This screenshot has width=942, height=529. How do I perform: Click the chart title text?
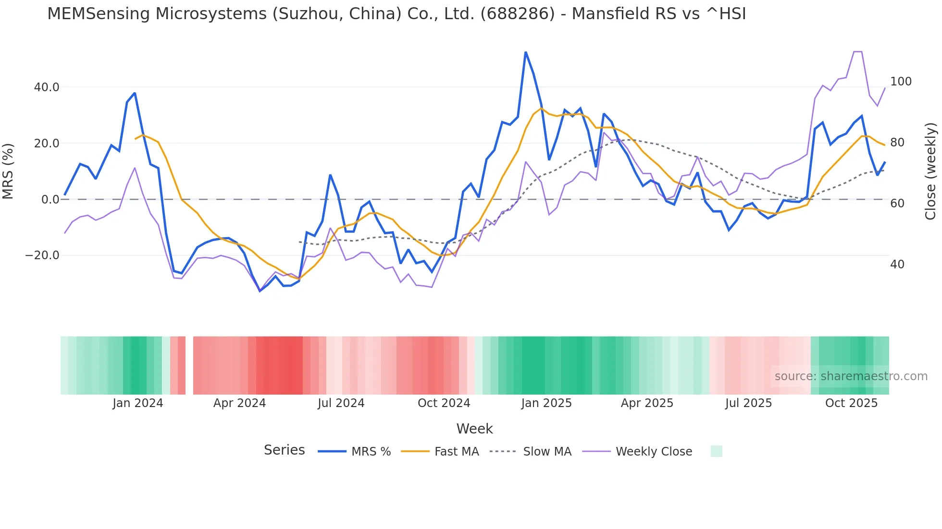[x=397, y=14]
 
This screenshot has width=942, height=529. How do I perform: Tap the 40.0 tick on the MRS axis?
[x=47, y=87]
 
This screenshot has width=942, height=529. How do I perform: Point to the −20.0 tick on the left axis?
[x=42, y=255]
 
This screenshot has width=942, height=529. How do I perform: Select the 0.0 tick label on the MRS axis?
[x=50, y=200]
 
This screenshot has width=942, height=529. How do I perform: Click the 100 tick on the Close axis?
[x=901, y=82]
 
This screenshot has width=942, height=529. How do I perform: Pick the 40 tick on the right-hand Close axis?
[x=897, y=264]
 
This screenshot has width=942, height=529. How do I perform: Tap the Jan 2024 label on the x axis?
[x=138, y=403]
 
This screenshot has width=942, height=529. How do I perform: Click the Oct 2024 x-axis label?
[x=444, y=403]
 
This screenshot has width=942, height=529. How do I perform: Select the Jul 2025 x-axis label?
[x=748, y=403]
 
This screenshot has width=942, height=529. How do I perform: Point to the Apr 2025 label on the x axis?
[x=647, y=403]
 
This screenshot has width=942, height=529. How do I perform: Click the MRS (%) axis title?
[x=8, y=171]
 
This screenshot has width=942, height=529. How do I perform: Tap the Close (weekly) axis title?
[x=930, y=171]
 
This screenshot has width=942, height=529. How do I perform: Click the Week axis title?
[x=474, y=429]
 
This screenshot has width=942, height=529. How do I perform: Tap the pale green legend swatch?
[x=716, y=451]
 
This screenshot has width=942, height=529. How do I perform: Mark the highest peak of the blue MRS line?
[x=526, y=52]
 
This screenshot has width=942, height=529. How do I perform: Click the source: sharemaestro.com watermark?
[x=851, y=376]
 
